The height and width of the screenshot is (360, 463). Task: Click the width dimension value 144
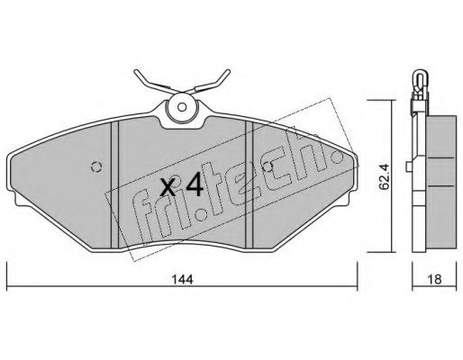(x=182, y=280)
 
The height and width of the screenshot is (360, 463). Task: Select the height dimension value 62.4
(x=384, y=177)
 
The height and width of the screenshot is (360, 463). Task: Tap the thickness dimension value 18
(x=434, y=280)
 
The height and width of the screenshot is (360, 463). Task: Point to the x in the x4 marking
(x=168, y=187)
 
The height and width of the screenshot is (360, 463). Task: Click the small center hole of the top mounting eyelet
(x=182, y=107)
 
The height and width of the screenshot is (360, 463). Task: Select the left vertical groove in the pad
(x=115, y=184)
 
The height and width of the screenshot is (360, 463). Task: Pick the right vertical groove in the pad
(x=250, y=184)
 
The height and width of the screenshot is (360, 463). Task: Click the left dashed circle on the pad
(x=96, y=166)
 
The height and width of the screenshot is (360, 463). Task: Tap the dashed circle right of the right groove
(x=267, y=166)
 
